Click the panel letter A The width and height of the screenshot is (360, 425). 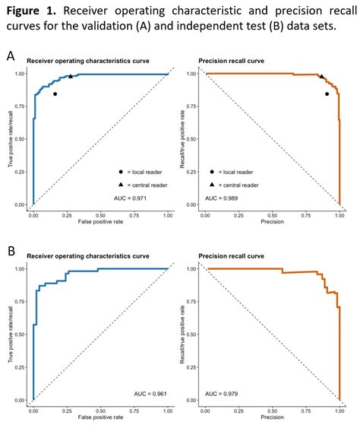pyautogui.click(x=10, y=56)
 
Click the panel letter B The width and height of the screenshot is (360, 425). pyautogui.click(x=10, y=250)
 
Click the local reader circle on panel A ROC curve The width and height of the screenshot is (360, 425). pyautogui.click(x=55, y=94)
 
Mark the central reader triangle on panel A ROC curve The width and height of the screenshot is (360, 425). pyautogui.click(x=71, y=77)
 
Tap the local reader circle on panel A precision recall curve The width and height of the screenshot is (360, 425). pyautogui.click(x=327, y=94)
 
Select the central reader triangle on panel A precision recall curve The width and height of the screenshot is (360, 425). pyautogui.click(x=321, y=77)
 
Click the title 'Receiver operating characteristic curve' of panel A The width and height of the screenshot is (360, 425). pyautogui.click(x=87, y=60)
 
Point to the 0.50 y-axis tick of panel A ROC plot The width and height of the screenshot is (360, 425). pyautogui.click(x=23, y=140)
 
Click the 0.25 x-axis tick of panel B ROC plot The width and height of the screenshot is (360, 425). pyautogui.click(x=67, y=409)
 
